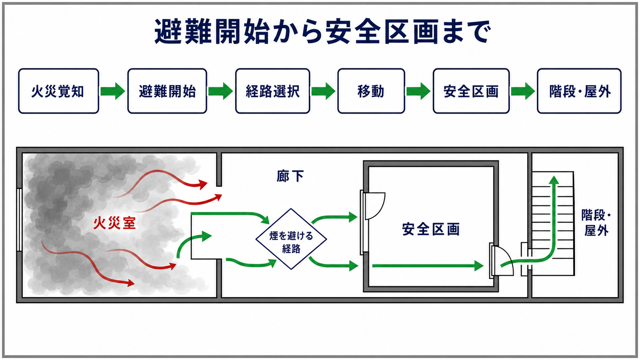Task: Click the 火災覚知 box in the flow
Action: (x=59, y=91)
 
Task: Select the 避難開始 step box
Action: (x=167, y=91)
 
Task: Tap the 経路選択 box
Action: (x=273, y=91)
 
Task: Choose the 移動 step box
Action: (x=371, y=91)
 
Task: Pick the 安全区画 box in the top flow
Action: (x=471, y=91)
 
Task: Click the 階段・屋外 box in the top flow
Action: (x=579, y=91)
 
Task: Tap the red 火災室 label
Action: (x=114, y=223)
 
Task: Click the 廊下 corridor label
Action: (x=290, y=176)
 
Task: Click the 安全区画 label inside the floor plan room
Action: (x=431, y=229)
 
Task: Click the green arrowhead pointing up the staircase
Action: (x=554, y=180)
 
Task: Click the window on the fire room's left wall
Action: (x=20, y=220)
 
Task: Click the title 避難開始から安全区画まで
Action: (x=323, y=31)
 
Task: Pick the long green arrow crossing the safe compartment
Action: (x=428, y=266)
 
